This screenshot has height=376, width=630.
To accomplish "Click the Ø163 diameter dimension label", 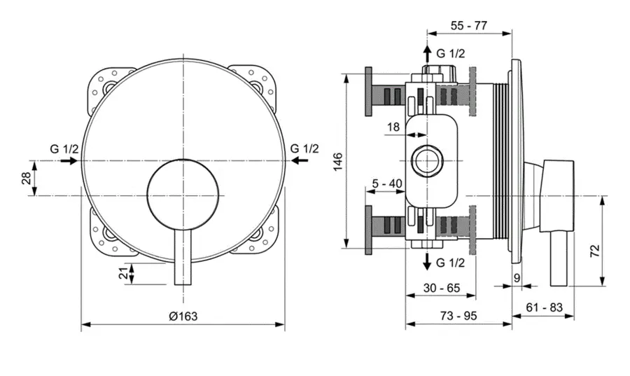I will [x=183, y=316].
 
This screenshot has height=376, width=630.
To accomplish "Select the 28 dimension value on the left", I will [x=24, y=179].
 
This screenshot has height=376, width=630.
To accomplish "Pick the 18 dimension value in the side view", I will [x=393, y=127].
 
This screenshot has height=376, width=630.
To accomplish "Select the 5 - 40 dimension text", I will [x=386, y=183].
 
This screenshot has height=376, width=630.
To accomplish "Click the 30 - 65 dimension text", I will [x=441, y=287].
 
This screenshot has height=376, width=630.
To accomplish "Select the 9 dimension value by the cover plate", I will [x=517, y=278].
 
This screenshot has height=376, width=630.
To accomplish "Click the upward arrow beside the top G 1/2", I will [x=426, y=53].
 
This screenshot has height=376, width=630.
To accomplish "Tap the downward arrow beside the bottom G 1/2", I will [x=426, y=262].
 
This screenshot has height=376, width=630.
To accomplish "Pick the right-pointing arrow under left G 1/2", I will [x=68, y=161].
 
